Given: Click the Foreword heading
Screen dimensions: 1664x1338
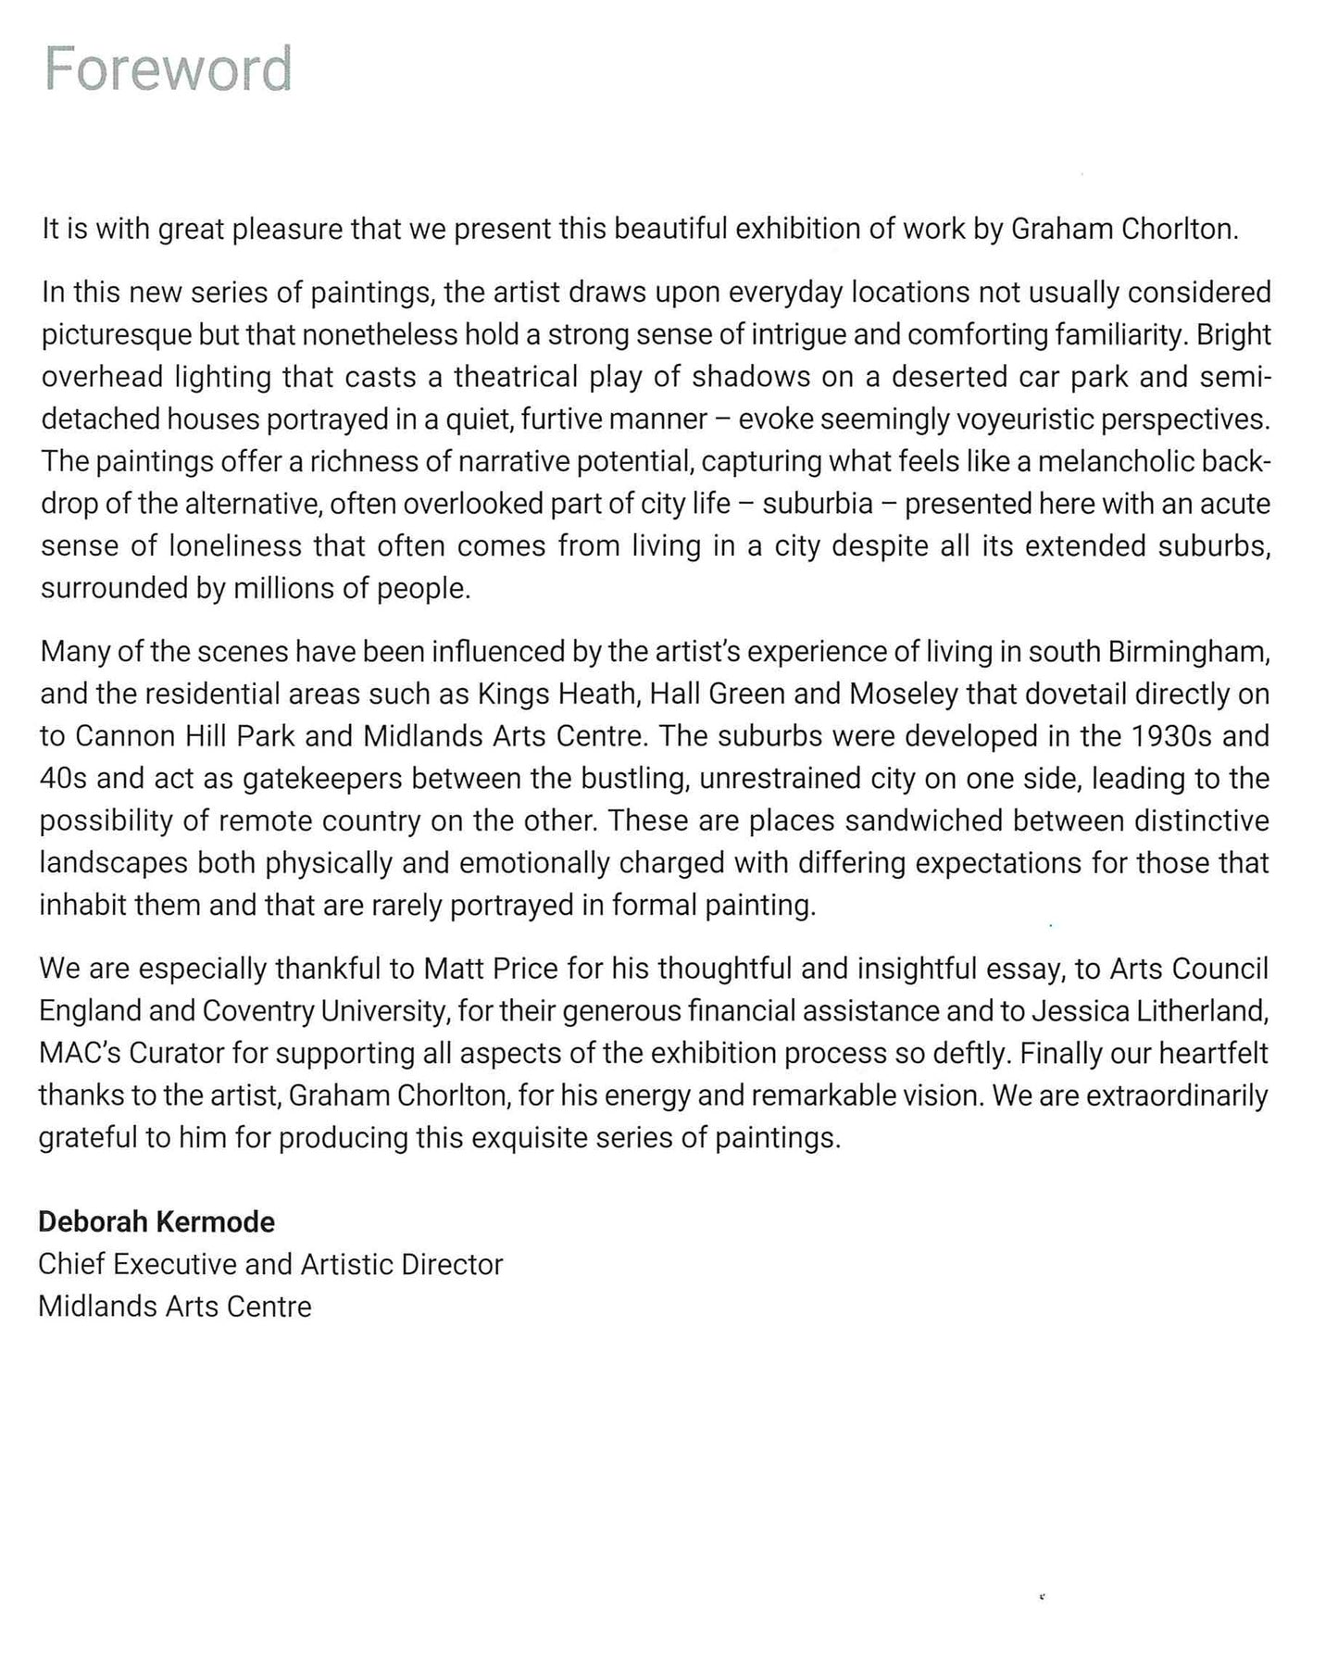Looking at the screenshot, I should click(168, 69).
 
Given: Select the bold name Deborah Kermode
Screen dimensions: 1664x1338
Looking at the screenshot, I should click(156, 1221).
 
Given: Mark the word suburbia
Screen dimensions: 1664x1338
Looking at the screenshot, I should click(818, 504).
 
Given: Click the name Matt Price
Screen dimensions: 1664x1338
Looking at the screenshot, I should click(491, 969).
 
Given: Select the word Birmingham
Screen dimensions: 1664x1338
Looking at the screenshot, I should click(1188, 652).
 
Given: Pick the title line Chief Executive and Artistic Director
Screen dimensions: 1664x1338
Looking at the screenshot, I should click(270, 1264).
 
